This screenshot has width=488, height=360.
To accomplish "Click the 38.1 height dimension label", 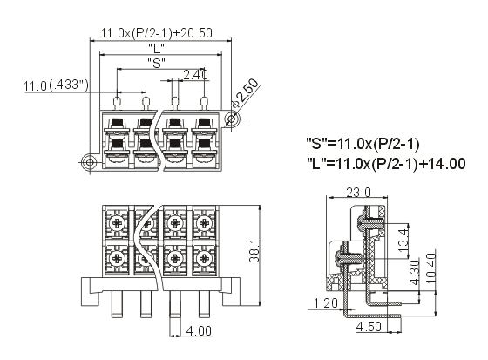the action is point(254,251).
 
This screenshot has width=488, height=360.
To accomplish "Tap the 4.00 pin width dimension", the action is point(199,330).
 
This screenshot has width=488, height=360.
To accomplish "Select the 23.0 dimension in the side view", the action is point(358,193).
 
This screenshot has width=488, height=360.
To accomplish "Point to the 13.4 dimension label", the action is point(403,241).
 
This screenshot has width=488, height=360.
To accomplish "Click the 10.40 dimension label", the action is point(431,268).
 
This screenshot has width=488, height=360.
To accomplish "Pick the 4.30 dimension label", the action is point(415,273).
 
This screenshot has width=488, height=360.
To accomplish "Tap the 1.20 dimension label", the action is point(326,303).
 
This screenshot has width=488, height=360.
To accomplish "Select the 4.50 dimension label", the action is point(369,326).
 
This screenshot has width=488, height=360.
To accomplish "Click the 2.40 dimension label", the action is point(195,75).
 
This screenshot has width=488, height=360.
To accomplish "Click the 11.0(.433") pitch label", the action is point(56,85).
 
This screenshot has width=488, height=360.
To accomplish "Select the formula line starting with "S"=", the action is point(363,144).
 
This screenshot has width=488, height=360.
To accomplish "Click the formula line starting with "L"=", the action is point(386,164).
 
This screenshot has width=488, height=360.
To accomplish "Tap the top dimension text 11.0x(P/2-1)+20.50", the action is point(157,33).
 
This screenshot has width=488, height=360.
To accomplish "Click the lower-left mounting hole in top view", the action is point(90,162).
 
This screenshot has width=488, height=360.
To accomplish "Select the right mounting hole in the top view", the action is point(231,119).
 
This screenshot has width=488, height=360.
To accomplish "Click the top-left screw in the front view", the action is point(118,223).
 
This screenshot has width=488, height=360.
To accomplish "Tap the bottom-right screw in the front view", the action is point(205,258).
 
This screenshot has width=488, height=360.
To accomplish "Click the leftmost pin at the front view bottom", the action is point(117,303).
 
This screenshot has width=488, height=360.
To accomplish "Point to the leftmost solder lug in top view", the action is point(118,104).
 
